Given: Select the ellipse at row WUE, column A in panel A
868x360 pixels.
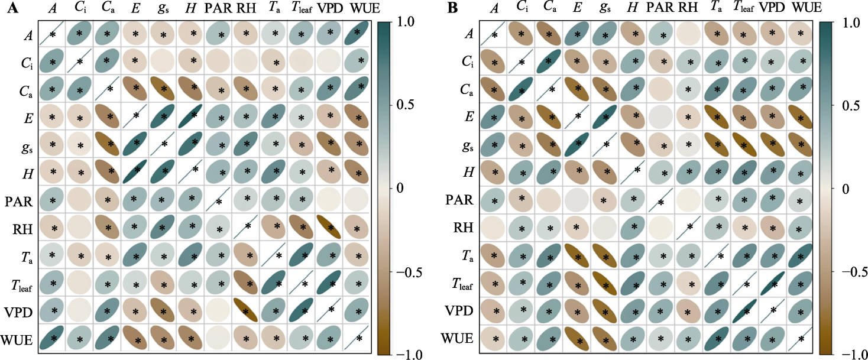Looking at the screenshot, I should tap(52, 339).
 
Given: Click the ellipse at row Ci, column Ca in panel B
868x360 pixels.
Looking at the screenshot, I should tap(548, 62).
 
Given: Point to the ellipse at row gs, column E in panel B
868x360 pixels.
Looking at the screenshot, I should tap(575, 145).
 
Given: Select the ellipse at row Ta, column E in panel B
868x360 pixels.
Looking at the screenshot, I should tap(575, 255).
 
